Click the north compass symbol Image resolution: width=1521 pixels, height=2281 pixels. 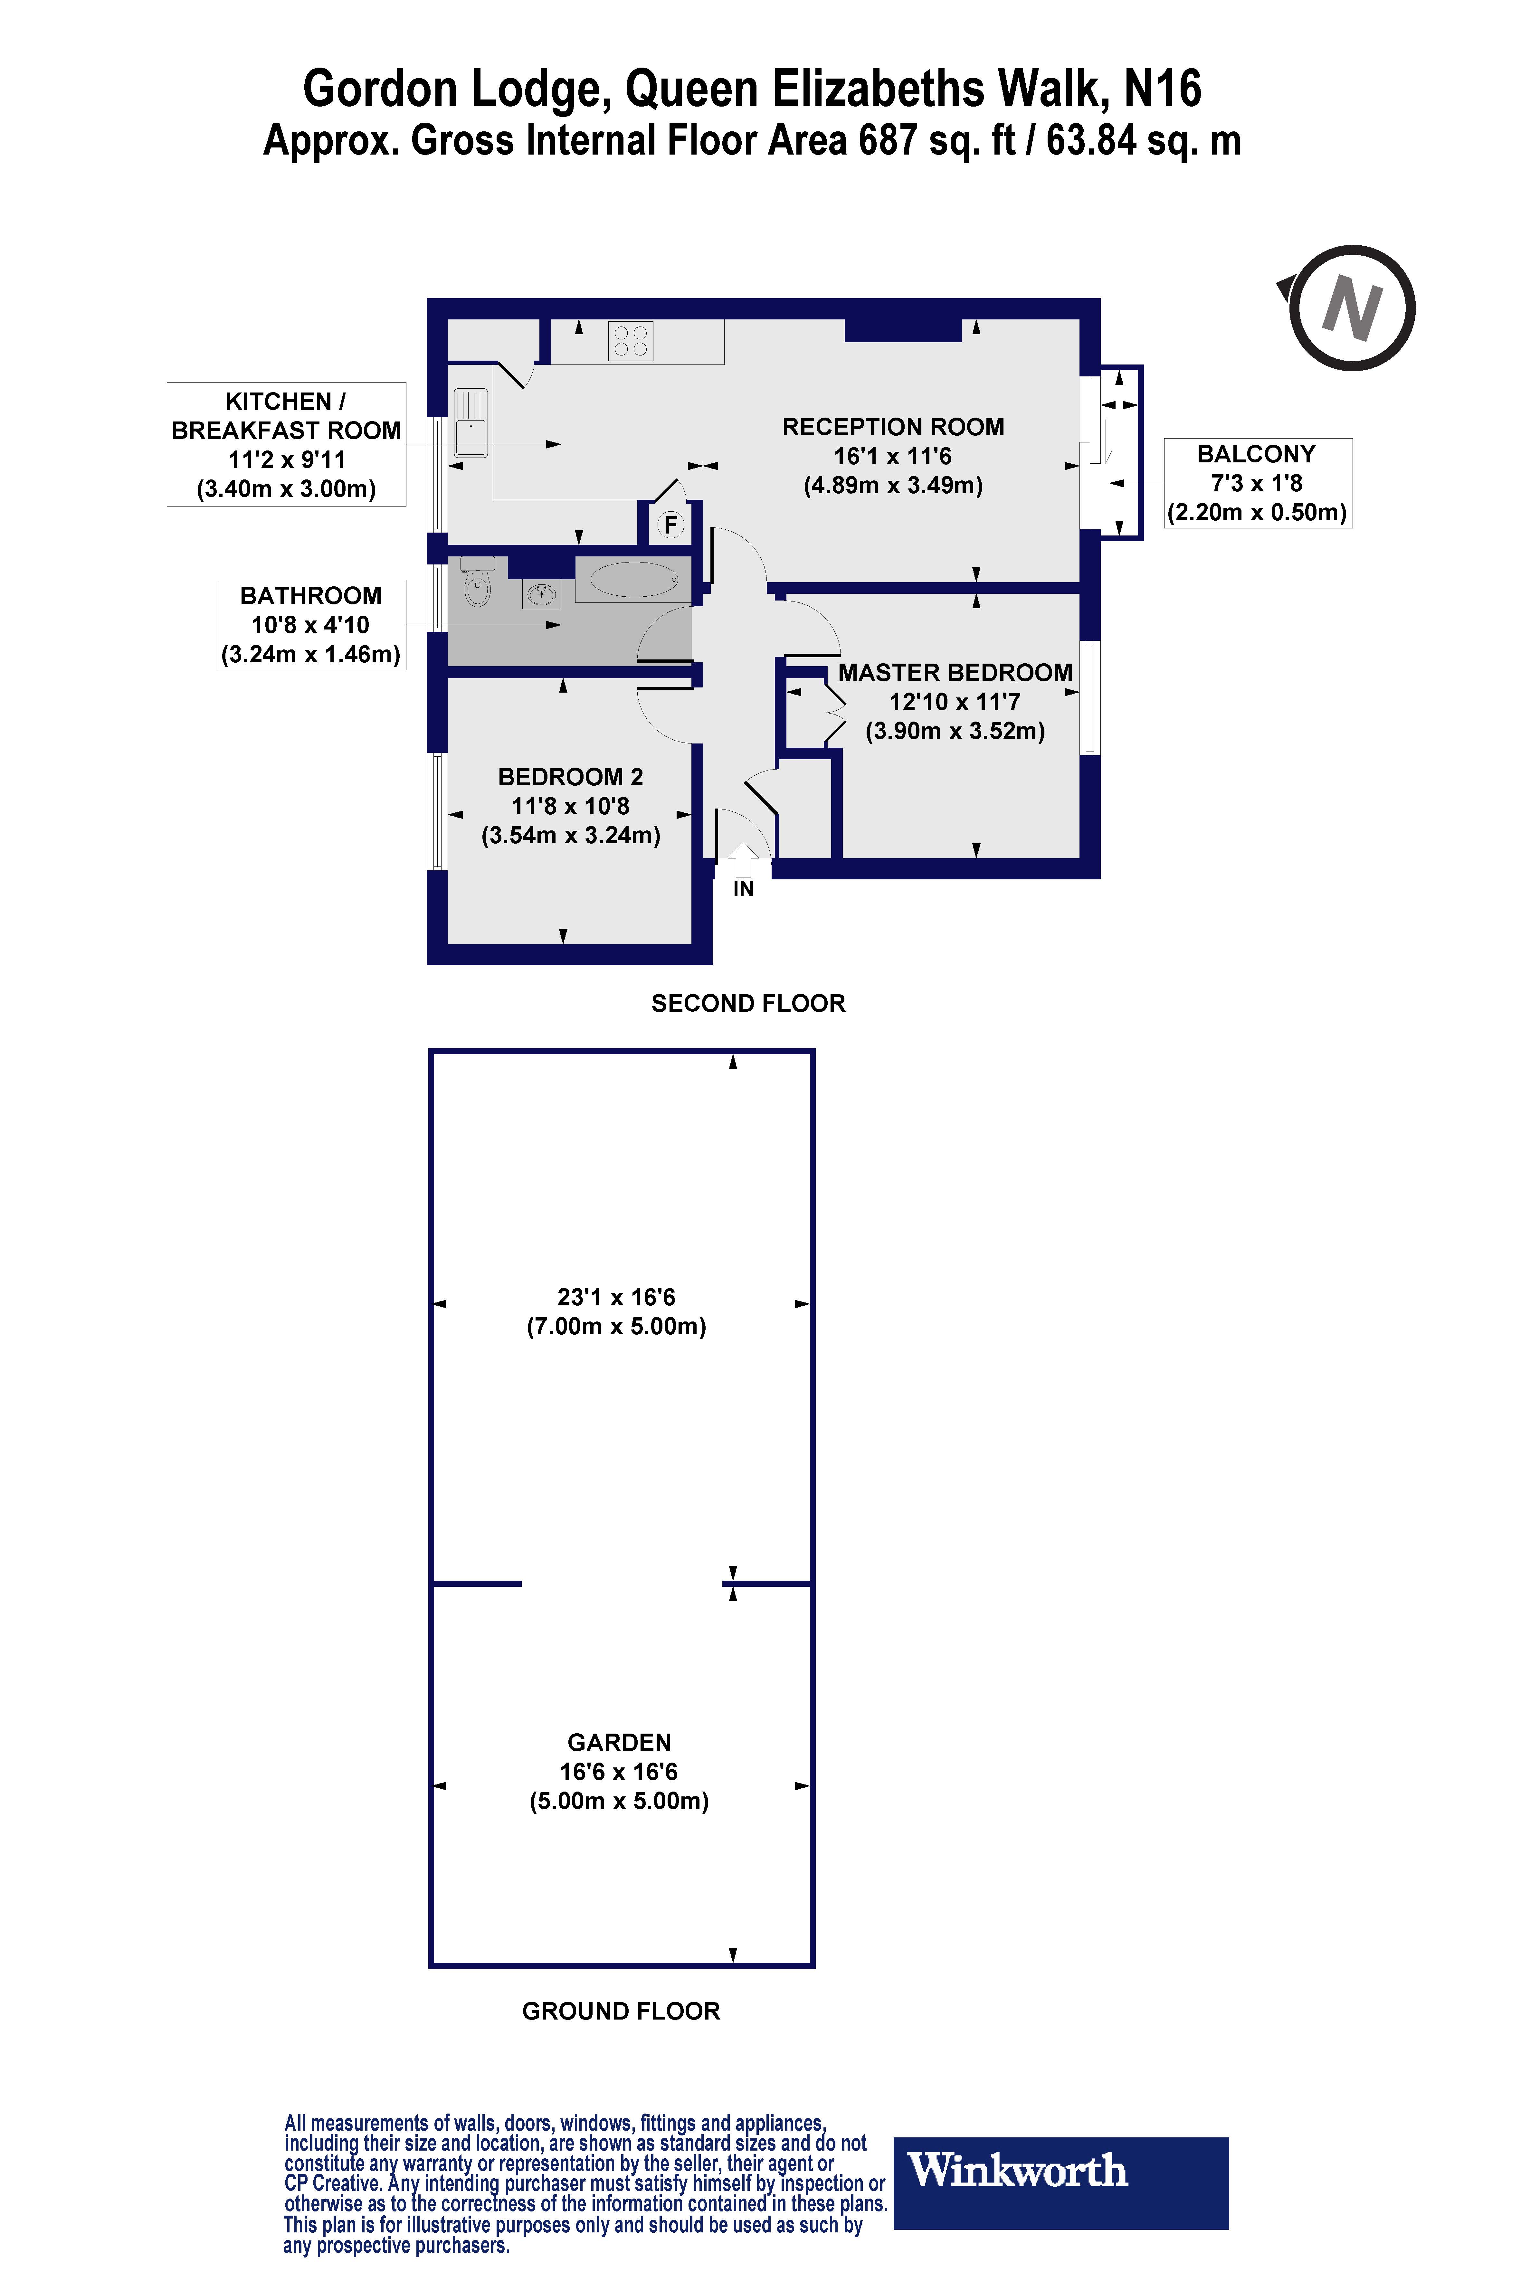pyautogui.click(x=1351, y=308)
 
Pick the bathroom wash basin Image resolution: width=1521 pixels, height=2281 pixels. pyautogui.click(x=541, y=593)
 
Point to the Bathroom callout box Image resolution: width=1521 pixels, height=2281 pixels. pyautogui.click(x=310, y=625)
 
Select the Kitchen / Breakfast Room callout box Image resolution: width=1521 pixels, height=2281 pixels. pyautogui.click(x=286, y=444)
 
